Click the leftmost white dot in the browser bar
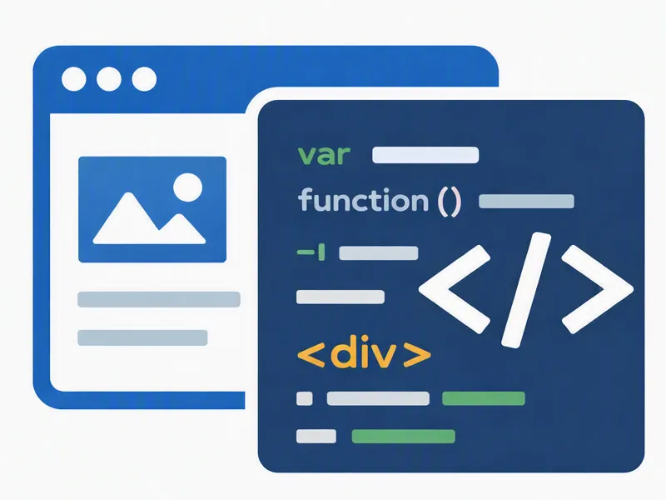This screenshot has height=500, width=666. [74, 78]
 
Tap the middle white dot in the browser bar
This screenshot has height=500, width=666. [109, 78]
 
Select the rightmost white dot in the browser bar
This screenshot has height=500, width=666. [144, 78]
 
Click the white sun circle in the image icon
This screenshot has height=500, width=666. [188, 187]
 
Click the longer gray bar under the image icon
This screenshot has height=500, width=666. [159, 299]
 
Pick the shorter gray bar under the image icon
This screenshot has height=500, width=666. [142, 337]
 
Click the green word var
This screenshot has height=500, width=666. [324, 155]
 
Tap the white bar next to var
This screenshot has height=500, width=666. [425, 155]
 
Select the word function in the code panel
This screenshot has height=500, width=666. [364, 200]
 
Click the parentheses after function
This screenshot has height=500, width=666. [449, 202]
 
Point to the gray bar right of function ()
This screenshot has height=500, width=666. [526, 201]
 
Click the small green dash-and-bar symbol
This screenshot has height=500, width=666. [311, 252]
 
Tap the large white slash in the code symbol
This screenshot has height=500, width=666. [526, 290]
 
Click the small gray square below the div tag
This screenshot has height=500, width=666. [305, 398]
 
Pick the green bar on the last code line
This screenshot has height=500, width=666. [404, 436]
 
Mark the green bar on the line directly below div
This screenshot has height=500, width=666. [484, 398]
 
